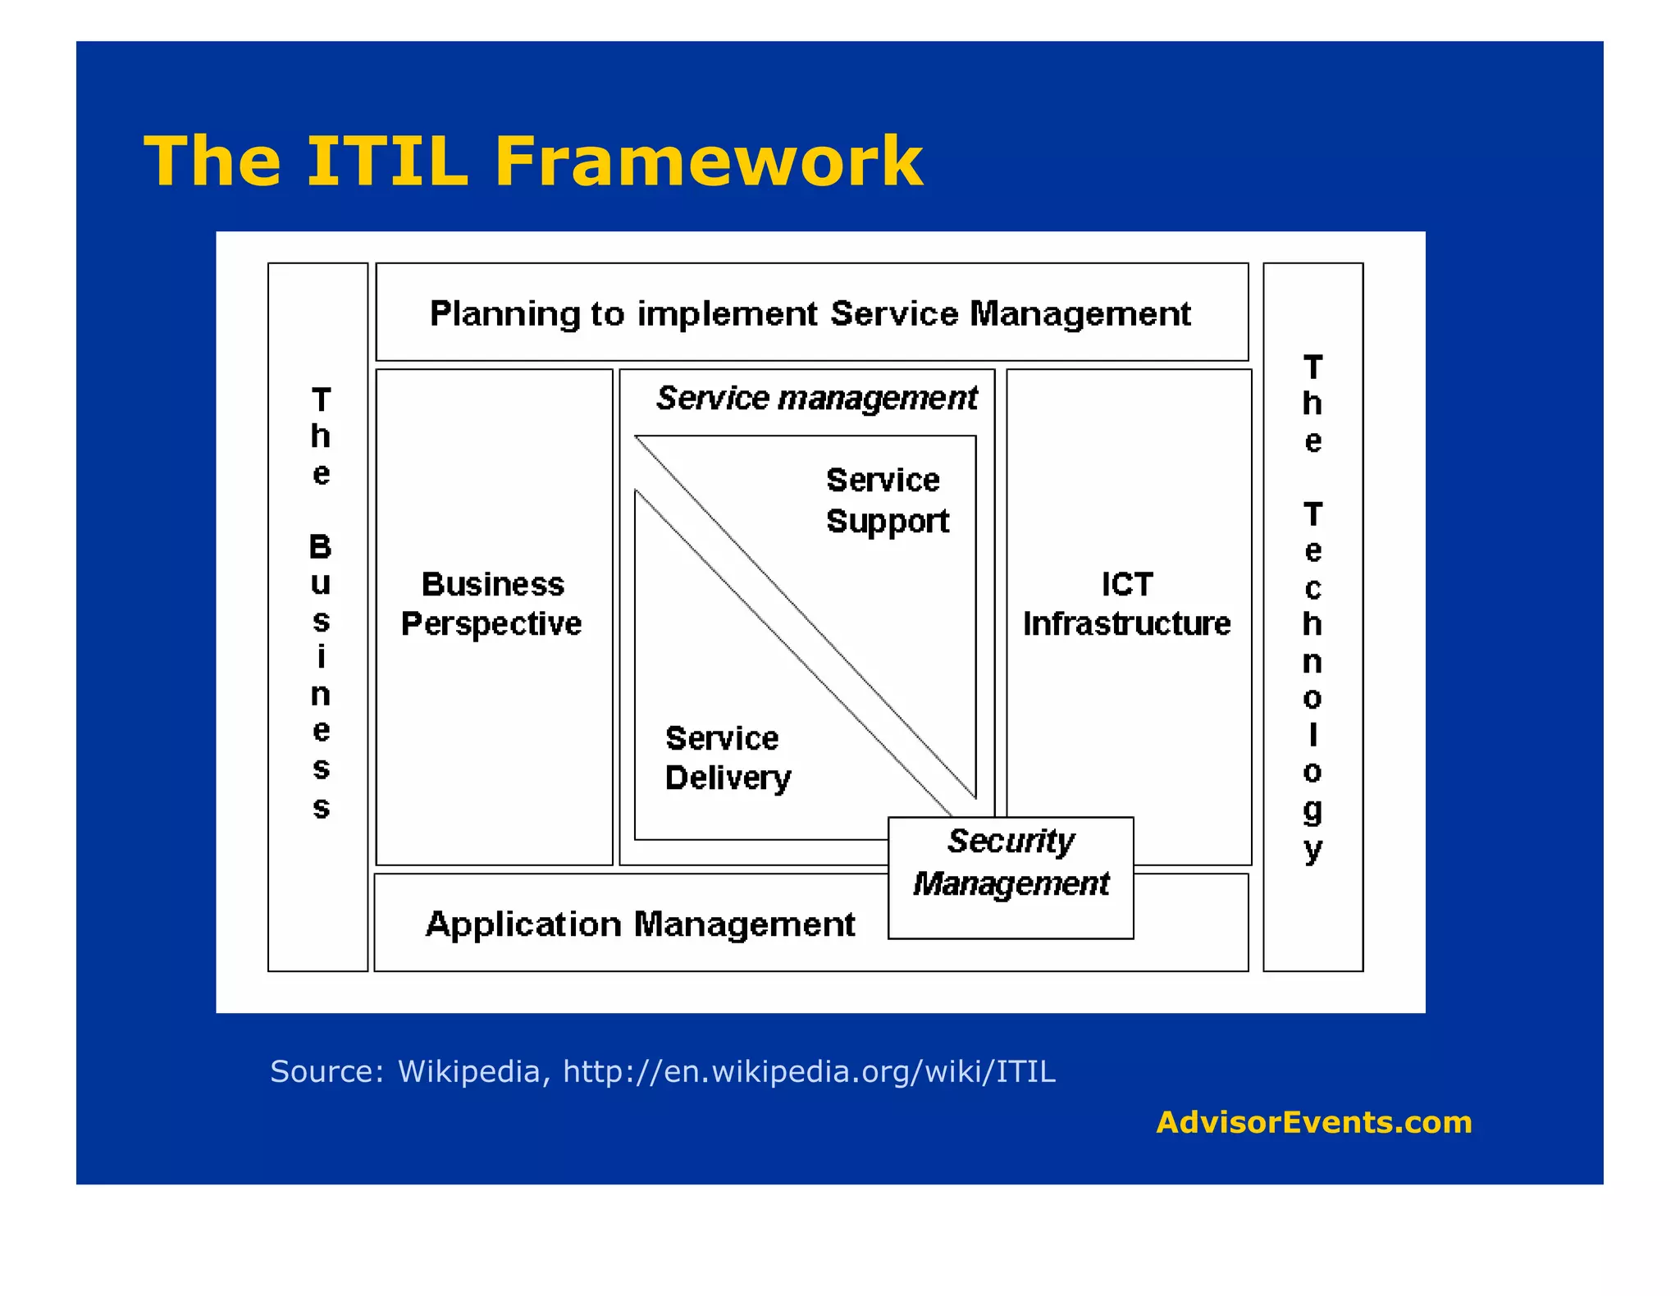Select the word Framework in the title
pyautogui.click(x=709, y=161)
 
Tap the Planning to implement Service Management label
pyautogui.click(x=810, y=313)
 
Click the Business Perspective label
pyautogui.click(x=492, y=604)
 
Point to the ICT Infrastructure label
pyautogui.click(x=1127, y=604)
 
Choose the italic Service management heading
pyautogui.click(x=817, y=399)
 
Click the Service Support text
pyautogui.click(x=887, y=500)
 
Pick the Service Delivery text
pyautogui.click(x=728, y=758)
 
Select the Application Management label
pyautogui.click(x=641, y=924)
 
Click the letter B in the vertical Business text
pyautogui.click(x=321, y=546)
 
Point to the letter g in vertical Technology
pyautogui.click(x=1312, y=810)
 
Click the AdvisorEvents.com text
pyautogui.click(x=1314, y=1122)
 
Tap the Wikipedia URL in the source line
pyautogui.click(x=809, y=1072)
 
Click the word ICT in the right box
pyautogui.click(x=1127, y=584)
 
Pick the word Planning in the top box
pyautogui.click(x=504, y=314)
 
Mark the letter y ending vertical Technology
pyautogui.click(x=1312, y=849)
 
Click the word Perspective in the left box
pyautogui.click(x=491, y=624)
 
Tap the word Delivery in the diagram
pyautogui.click(x=728, y=778)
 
